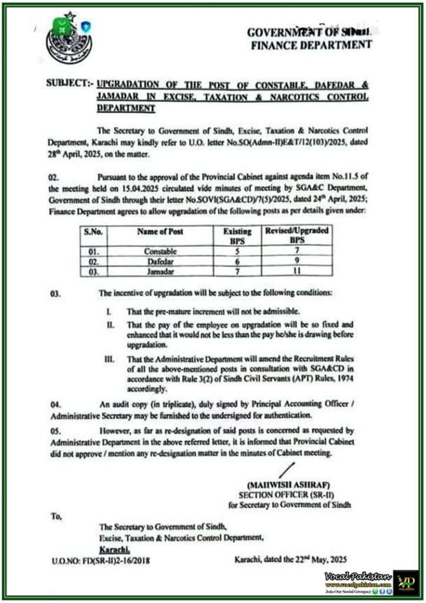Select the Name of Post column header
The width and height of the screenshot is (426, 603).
tap(159, 232)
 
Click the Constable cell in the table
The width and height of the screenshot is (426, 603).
tap(160, 251)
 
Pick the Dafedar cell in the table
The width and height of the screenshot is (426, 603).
tap(160, 261)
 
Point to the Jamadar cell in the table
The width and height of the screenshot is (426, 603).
tap(160, 271)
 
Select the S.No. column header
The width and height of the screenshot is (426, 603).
tap(93, 232)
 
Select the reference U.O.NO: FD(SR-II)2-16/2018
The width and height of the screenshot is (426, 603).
tap(100, 561)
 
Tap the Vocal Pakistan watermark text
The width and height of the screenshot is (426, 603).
tap(357, 575)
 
